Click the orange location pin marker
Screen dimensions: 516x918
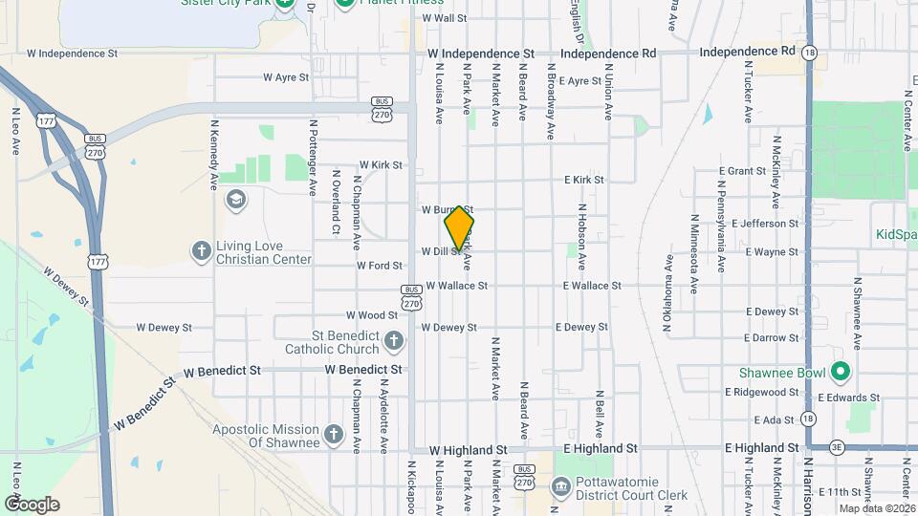tap(459, 226)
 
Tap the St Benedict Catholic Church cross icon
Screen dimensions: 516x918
tap(393, 340)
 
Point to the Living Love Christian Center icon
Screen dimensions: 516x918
tap(201, 251)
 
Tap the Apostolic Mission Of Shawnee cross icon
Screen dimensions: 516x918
tap(334, 435)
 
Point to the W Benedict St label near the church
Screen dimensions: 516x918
tap(360, 369)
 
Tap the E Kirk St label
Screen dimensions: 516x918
tap(583, 180)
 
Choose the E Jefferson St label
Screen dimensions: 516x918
tap(765, 224)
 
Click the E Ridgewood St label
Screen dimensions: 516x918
tap(762, 393)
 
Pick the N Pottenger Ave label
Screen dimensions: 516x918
tap(313, 158)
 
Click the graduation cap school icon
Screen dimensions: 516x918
tap(234, 199)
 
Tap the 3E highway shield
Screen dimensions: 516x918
tap(837, 447)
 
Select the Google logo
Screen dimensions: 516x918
tap(32, 504)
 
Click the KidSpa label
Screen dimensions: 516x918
tap(896, 234)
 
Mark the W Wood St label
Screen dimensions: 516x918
tap(372, 315)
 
